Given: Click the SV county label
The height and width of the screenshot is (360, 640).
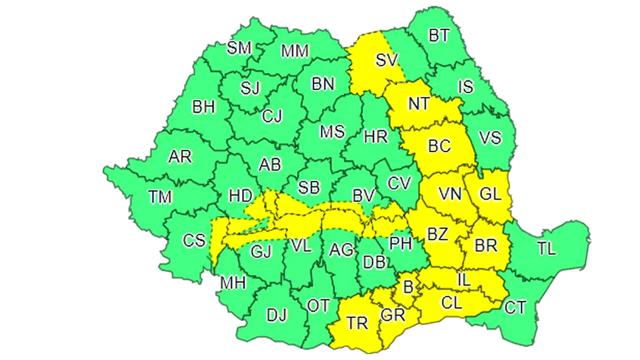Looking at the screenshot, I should (x=386, y=60).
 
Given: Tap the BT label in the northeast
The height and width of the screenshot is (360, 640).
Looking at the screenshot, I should (x=439, y=36).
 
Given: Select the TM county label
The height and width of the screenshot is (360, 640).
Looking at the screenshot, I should (x=160, y=197).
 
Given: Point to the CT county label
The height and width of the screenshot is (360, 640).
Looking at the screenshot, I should (x=514, y=307).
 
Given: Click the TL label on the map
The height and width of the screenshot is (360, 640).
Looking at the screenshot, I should (x=546, y=248).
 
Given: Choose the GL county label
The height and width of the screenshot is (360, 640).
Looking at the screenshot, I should (x=490, y=194).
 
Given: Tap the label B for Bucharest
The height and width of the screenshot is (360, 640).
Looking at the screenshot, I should (x=408, y=287).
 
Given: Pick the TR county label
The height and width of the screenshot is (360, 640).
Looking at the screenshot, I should (x=357, y=323).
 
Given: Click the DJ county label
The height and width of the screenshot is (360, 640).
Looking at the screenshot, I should (x=276, y=315).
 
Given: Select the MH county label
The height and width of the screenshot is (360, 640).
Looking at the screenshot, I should (x=233, y=283).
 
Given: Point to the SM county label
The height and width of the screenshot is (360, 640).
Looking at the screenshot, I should (x=238, y=48).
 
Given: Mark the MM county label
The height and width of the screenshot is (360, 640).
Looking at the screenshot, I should (x=295, y=51).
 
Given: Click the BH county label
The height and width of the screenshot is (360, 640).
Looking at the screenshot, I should (x=203, y=107).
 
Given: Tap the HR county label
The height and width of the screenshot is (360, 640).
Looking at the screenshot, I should (x=375, y=136).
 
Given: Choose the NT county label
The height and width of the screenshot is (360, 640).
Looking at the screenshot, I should (x=418, y=103).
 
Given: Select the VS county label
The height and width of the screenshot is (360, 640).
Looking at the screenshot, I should (x=489, y=137).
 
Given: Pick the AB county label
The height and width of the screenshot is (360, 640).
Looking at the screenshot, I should (x=269, y=164).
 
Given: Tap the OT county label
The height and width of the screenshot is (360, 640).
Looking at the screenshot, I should (x=318, y=306).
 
